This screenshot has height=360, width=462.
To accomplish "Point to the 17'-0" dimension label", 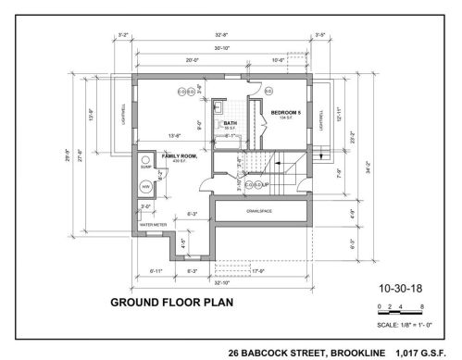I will (x=257, y=271).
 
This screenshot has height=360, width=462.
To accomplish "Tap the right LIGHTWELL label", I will (x=322, y=121).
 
